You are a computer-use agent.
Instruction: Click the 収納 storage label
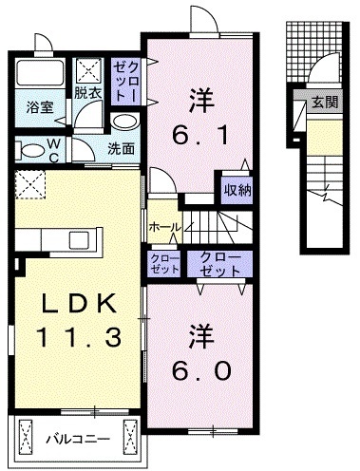(x=237, y=190)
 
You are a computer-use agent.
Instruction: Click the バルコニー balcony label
(x=77, y=439)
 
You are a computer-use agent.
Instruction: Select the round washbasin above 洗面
(x=123, y=122)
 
